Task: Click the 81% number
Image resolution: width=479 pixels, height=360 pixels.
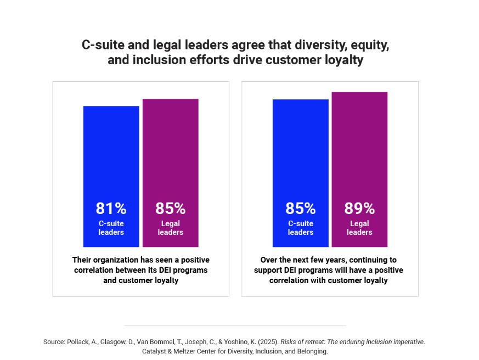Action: click(111, 209)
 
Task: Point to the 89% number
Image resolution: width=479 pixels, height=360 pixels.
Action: click(359, 209)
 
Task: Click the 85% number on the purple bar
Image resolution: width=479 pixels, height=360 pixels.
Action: click(170, 209)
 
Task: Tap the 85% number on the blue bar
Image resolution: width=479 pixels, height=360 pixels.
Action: click(300, 209)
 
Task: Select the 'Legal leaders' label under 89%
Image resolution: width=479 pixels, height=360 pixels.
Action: click(359, 228)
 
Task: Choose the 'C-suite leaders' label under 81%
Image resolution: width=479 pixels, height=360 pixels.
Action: click(111, 228)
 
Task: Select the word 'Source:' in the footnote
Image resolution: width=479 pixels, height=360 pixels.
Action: click(55, 341)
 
